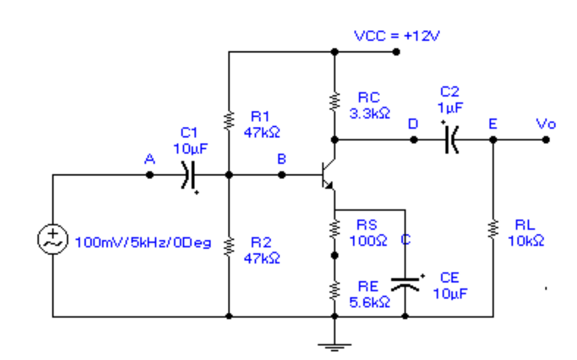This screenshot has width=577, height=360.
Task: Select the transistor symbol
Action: coord(326,175)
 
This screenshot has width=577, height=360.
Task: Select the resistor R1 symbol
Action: coord(229,119)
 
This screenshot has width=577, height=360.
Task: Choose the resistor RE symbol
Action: coord(334,290)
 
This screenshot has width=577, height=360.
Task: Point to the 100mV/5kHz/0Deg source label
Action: coord(143,242)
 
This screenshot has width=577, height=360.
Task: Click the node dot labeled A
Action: coord(150,175)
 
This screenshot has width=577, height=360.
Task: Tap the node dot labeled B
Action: coord(282,175)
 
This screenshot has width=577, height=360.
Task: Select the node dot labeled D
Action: coord(414,140)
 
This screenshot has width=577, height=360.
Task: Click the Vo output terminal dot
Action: coord(546,140)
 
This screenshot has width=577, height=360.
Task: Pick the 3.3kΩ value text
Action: coord(370,113)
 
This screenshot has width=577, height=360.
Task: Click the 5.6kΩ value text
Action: coord(370,303)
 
